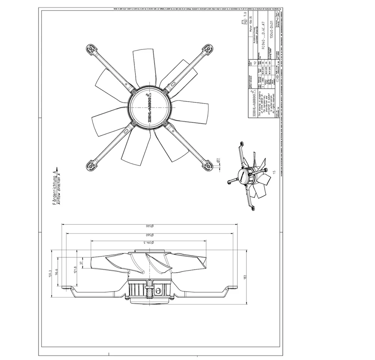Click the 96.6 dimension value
(57, 272)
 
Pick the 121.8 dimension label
(75, 270)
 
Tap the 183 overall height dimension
(246, 277)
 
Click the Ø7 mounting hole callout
(218, 161)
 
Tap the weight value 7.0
(244, 15)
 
